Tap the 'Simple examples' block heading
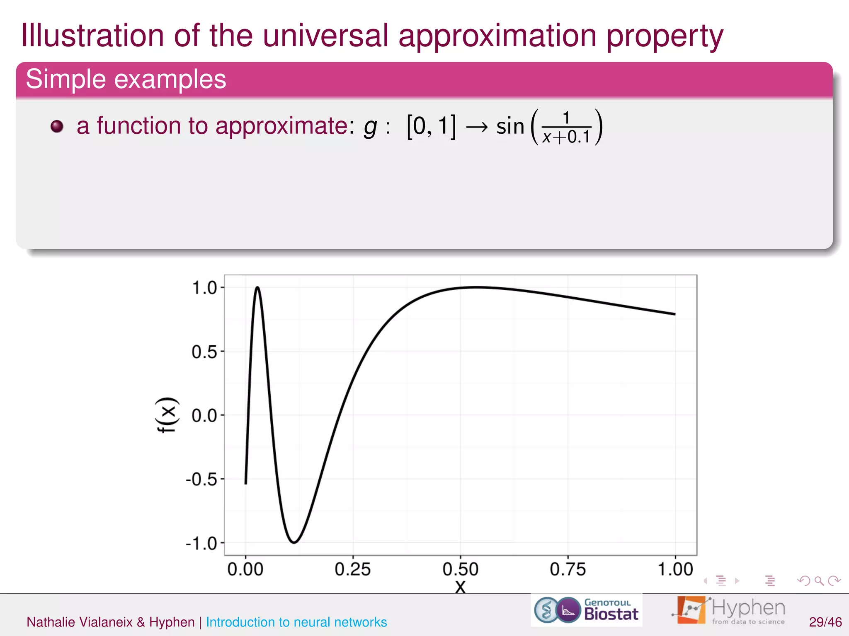click(x=126, y=79)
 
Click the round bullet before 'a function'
click(x=57, y=126)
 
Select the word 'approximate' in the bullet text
click(x=281, y=126)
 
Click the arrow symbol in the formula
click(x=476, y=127)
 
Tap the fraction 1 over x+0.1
click(x=566, y=128)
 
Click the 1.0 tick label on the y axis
click(x=204, y=288)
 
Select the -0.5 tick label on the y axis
click(x=201, y=479)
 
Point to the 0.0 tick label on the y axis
click(x=204, y=415)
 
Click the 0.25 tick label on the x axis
click(x=352, y=569)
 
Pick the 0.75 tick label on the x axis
click(x=568, y=569)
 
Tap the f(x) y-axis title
click(x=167, y=415)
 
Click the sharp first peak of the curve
click(x=257, y=287)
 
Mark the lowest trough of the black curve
click(x=294, y=542)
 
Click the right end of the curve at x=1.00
click(x=674, y=314)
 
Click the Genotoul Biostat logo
click(x=586, y=610)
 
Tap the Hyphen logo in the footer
click(x=728, y=610)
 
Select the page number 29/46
click(x=825, y=622)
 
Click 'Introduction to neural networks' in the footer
click(x=296, y=622)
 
